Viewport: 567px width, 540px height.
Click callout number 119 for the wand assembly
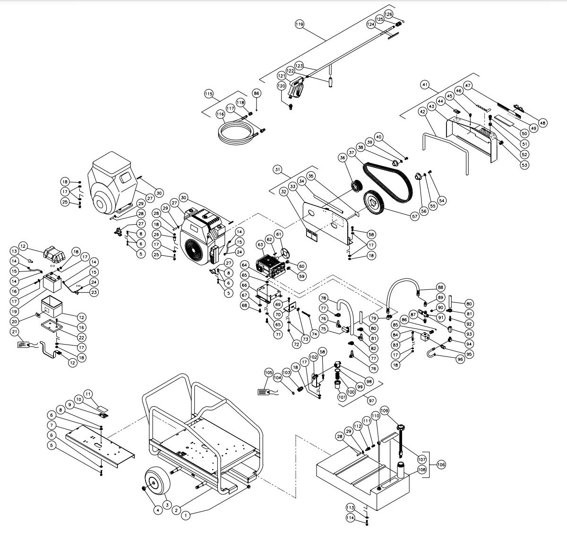coord(299,24)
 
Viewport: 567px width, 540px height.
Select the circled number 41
coord(425,85)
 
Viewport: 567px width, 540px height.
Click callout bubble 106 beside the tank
coord(441,464)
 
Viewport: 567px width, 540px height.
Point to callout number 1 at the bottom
coord(186,516)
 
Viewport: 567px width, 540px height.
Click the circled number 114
coord(350,518)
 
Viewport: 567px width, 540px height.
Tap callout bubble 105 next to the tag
coord(269,373)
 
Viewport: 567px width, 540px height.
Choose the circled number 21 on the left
coord(14,332)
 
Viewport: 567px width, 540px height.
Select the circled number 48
coord(542,123)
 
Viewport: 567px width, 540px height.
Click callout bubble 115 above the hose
coord(209,93)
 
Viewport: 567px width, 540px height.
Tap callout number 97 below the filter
coord(371,400)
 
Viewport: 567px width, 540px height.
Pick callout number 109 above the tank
coord(384,410)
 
